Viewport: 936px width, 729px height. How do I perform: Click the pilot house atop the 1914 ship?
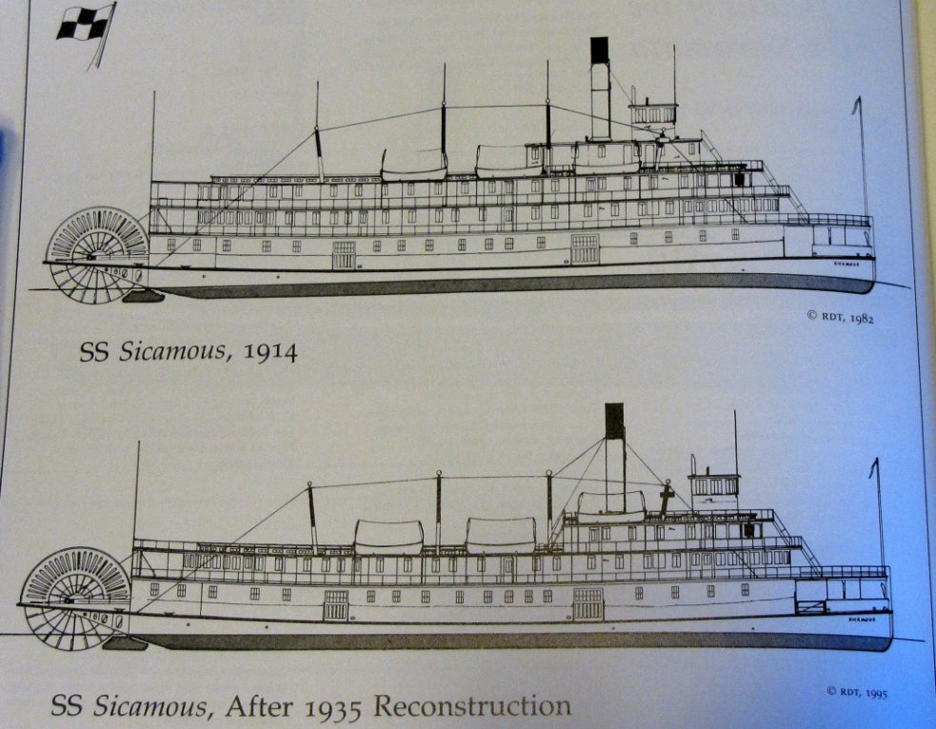(x=653, y=113)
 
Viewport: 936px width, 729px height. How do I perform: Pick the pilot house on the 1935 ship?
(x=714, y=483)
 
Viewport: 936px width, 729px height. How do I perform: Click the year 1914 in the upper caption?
(x=270, y=352)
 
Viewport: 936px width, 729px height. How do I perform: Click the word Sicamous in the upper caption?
(x=180, y=352)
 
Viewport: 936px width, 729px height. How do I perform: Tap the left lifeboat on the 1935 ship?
(x=388, y=537)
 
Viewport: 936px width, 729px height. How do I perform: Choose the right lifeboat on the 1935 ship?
(x=501, y=535)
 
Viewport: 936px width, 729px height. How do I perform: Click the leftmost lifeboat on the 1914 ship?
(x=413, y=166)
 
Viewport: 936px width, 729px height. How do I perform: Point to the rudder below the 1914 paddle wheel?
(x=142, y=297)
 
